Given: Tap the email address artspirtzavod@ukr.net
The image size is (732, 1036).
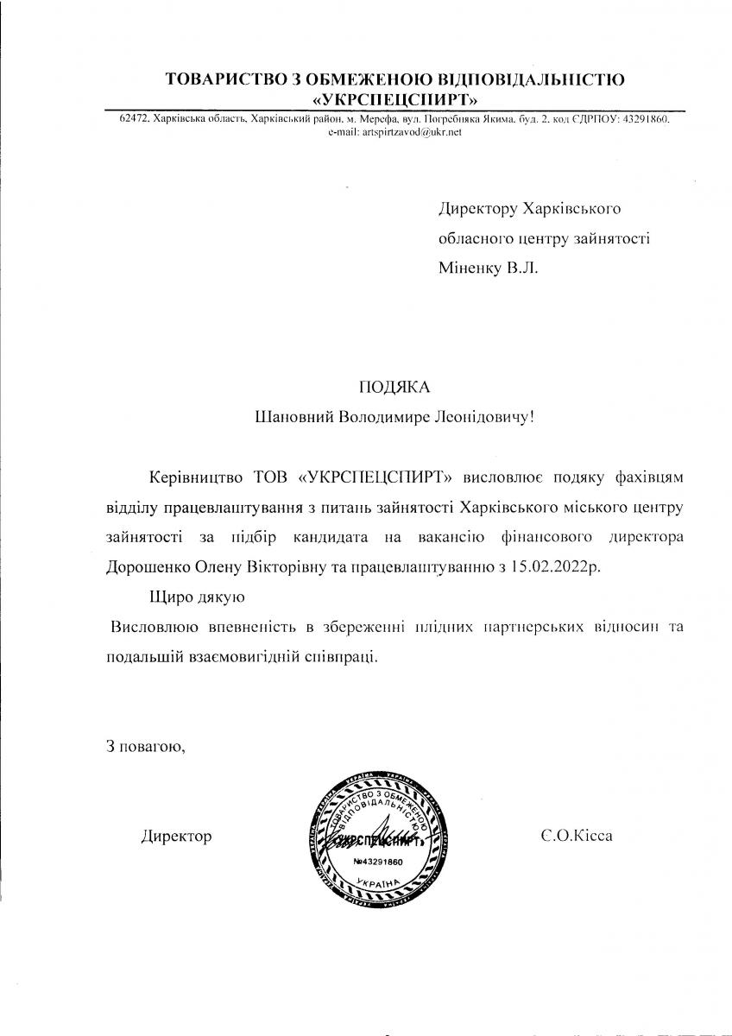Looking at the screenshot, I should pyautogui.click(x=395, y=132).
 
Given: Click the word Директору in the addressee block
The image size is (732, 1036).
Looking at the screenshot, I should pyautogui.click(x=476, y=209).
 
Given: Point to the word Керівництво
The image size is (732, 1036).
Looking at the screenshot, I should pyautogui.click(x=197, y=477).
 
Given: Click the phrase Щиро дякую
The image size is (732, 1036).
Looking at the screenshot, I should pyautogui.click(x=199, y=597).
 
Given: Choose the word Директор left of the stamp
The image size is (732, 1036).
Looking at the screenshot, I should pyautogui.click(x=176, y=837).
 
